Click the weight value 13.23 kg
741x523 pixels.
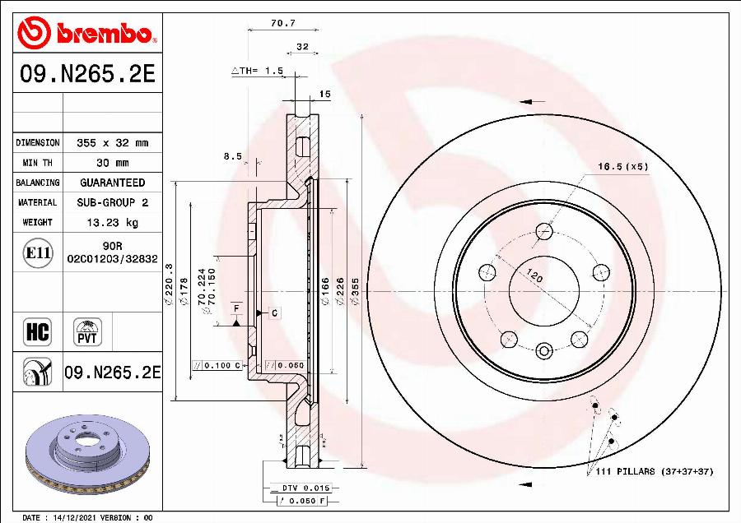111,222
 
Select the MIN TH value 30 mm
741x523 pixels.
112,163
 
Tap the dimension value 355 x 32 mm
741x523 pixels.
112,143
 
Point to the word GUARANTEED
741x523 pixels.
112,183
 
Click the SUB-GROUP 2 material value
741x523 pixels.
112,202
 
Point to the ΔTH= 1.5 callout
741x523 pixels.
257,72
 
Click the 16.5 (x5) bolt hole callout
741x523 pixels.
623,166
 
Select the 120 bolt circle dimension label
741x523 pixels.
535,276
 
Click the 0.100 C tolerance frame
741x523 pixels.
217,365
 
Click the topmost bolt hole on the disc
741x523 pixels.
543,231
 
